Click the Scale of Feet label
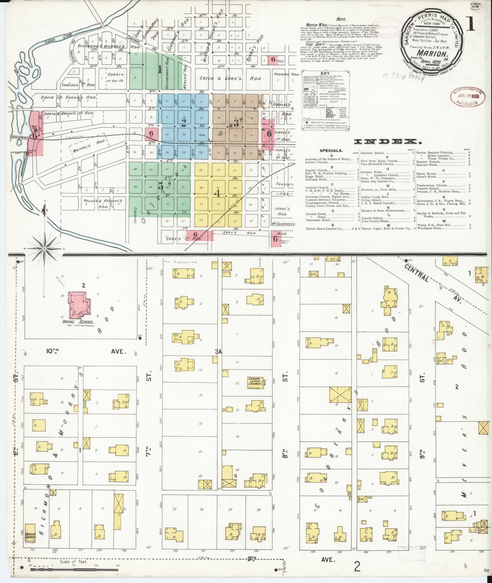pos(74,562)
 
